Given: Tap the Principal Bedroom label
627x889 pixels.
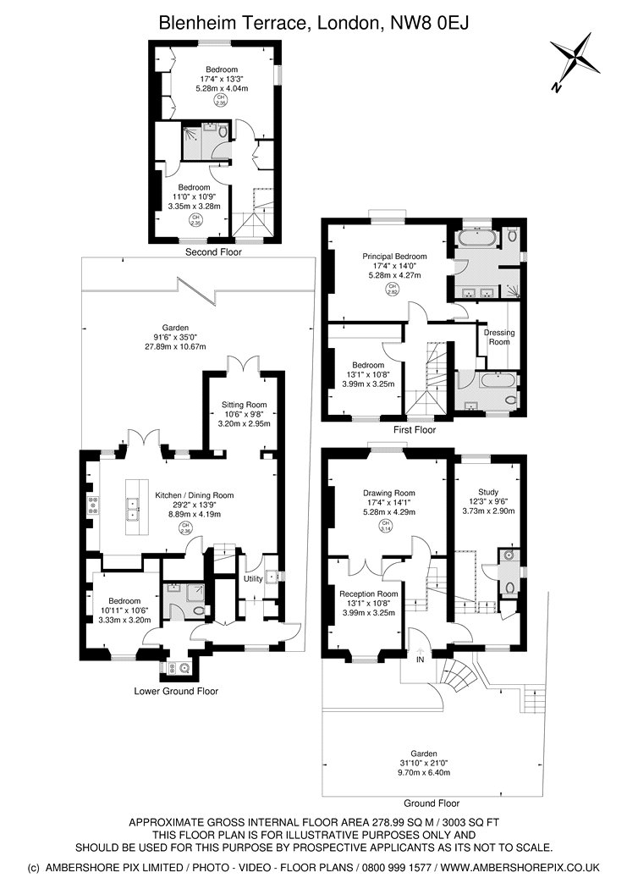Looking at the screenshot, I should (394, 256).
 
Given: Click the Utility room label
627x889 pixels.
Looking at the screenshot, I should (253, 578).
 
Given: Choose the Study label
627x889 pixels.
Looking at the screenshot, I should (487, 492).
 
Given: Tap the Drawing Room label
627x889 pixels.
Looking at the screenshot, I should (388, 493).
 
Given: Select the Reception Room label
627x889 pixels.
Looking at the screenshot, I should (369, 594).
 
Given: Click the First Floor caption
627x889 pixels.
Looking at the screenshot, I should (415, 430).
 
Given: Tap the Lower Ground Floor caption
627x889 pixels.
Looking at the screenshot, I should (176, 691).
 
